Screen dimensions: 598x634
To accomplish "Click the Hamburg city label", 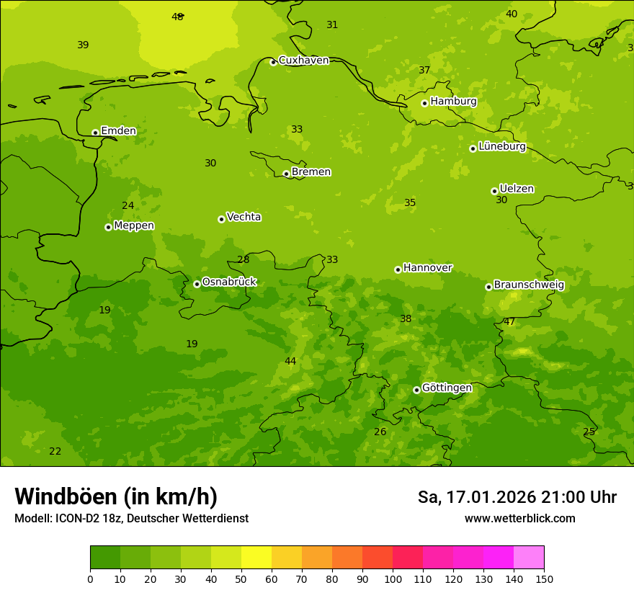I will pyautogui.click(x=453, y=102).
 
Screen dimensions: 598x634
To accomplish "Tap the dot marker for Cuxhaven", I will pyautogui.click(x=273, y=62).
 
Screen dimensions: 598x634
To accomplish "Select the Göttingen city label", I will pyautogui.click(x=447, y=388).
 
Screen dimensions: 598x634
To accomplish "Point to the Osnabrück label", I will pyautogui.click(x=229, y=282).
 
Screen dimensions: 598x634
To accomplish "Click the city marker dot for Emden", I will pyautogui.click(x=95, y=133).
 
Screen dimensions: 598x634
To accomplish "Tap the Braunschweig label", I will pyautogui.click(x=529, y=285).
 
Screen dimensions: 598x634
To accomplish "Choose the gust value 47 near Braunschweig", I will pyautogui.click(x=509, y=322).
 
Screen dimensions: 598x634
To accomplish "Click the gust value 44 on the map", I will pyautogui.click(x=290, y=362).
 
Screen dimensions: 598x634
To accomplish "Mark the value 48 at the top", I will pyautogui.click(x=177, y=17).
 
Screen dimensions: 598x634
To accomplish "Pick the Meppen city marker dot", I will pyautogui.click(x=108, y=227).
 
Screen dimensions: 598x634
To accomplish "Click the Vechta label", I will pyautogui.click(x=244, y=218).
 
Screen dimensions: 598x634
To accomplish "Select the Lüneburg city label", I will pyautogui.click(x=501, y=147).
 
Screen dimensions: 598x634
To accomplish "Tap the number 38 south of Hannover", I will pyautogui.click(x=406, y=319).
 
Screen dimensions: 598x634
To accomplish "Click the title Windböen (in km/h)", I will pyautogui.click(x=116, y=496).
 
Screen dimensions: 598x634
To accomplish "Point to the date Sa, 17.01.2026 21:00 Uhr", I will pyautogui.click(x=517, y=497).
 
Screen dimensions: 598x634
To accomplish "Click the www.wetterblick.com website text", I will pyautogui.click(x=519, y=519).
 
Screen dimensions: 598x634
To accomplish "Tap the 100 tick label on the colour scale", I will pyautogui.click(x=393, y=579).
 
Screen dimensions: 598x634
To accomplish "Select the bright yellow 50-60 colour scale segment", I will pyautogui.click(x=256, y=558).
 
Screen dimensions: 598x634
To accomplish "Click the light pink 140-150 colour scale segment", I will pyautogui.click(x=529, y=558).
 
